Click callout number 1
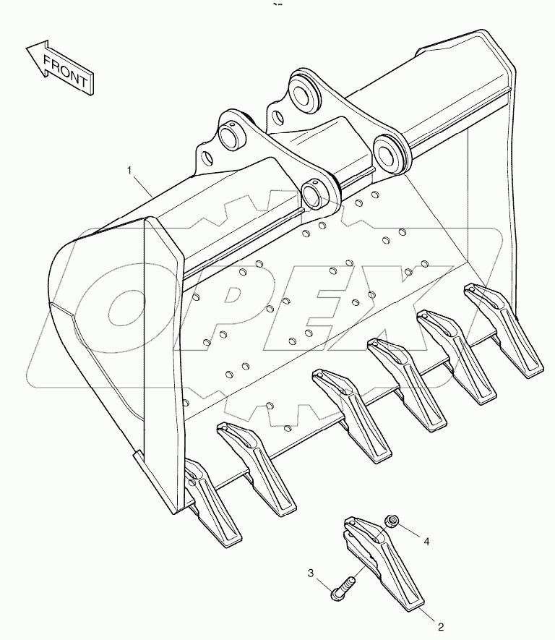130,170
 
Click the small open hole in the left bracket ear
207,157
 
